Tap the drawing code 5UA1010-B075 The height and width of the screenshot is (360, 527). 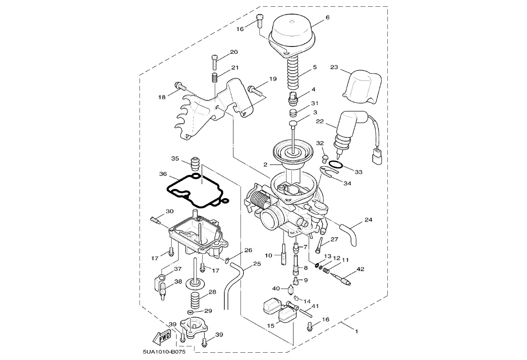tap(164, 352)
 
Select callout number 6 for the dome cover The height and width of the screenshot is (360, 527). tap(328, 17)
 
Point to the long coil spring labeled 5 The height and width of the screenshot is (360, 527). tap(297, 75)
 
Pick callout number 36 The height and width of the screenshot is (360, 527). tap(163, 174)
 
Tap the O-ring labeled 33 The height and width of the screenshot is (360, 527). tap(336, 165)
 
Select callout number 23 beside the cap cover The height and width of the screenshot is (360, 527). tap(334, 67)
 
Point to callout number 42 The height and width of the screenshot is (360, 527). tap(360, 269)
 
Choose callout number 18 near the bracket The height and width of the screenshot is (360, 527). tap(162, 97)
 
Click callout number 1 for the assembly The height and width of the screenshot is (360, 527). tap(357, 331)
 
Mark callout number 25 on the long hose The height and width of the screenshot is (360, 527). tap(257, 264)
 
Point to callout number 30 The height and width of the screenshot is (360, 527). tap(170, 211)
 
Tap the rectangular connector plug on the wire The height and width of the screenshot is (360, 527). tap(378, 157)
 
